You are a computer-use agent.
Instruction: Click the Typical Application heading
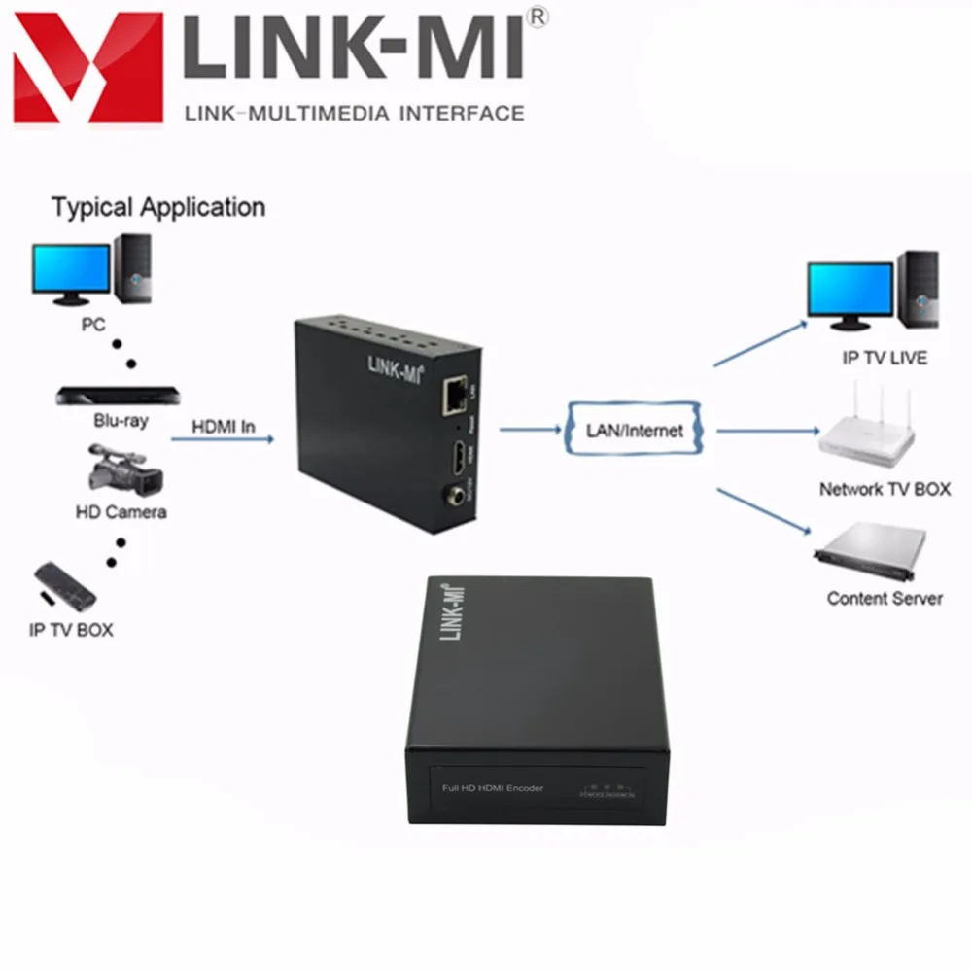tap(157, 207)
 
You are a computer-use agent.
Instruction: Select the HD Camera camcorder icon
tap(124, 469)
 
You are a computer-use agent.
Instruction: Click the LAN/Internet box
tap(634, 430)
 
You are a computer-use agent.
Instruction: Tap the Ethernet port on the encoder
tap(453, 392)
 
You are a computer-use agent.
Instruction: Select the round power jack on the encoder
tap(453, 496)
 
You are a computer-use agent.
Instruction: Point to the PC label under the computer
tap(93, 324)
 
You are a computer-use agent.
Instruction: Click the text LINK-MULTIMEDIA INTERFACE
tap(354, 114)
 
